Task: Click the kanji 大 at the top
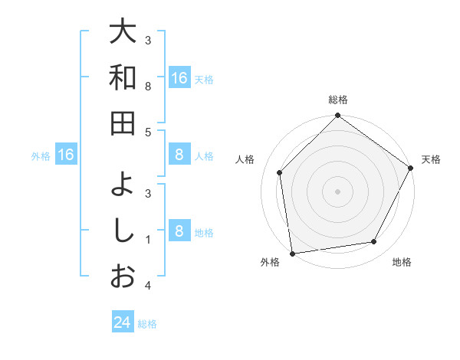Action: pos(122,33)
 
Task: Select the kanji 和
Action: pos(122,77)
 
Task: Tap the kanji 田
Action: pos(122,123)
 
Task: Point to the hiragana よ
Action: pos(122,185)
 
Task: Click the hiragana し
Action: pos(122,231)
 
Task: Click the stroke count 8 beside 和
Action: pos(149,87)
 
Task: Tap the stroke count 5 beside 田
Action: pos(149,132)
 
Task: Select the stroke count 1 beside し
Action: pos(149,240)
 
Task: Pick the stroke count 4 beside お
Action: pos(149,286)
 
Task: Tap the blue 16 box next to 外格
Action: pos(66,155)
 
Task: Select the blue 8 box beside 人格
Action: pos(179,155)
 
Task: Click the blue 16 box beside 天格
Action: pos(179,78)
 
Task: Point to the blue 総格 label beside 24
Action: pos(148,324)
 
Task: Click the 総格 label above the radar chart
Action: pos(337,100)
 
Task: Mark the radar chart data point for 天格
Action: pos(410,168)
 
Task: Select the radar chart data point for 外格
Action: pos(292,253)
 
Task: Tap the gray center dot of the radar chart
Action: pos(337,191)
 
